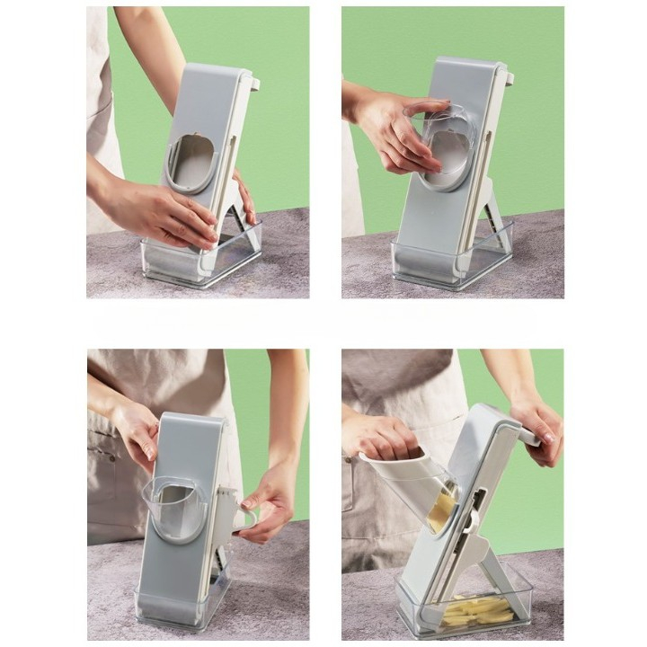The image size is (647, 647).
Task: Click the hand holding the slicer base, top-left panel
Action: point(162,211)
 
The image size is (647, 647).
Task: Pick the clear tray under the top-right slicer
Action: point(449,265)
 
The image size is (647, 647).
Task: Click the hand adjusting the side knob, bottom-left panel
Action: point(265,503)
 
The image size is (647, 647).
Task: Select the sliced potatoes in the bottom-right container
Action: point(467,611)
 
